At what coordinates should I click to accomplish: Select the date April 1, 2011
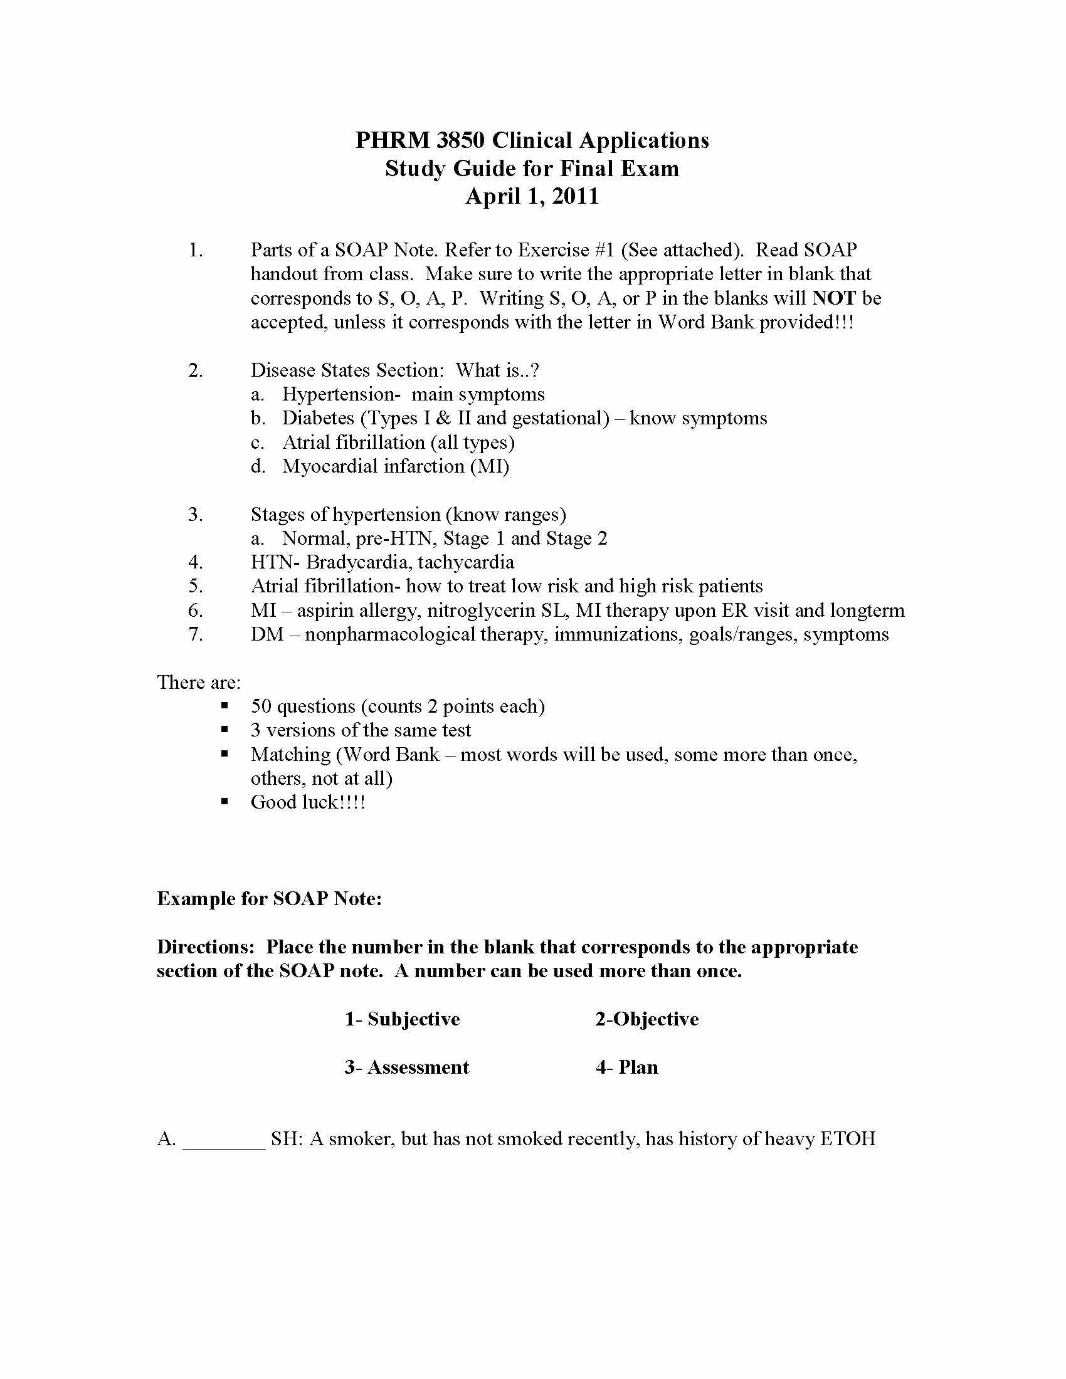[532, 196]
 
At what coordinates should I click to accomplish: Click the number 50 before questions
[261, 706]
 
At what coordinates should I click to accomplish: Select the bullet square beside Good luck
[225, 802]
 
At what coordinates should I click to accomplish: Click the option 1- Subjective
[403, 1019]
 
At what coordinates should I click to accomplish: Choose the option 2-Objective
[646, 1019]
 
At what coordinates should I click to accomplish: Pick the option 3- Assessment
[407, 1067]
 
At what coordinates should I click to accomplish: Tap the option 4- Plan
[626, 1067]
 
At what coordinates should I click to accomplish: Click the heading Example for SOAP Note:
[269, 898]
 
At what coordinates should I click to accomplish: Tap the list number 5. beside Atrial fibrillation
[196, 587]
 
